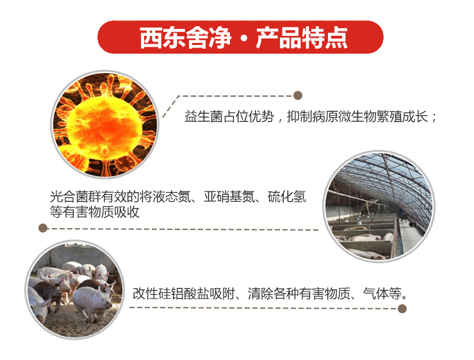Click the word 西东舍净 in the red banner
tap(185, 38)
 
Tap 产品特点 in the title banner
tap(302, 38)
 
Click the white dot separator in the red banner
tap(243, 38)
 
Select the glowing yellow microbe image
tap(104, 124)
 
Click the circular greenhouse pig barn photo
tap(379, 206)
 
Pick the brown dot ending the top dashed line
tap(298, 95)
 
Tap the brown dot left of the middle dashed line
tap(43, 228)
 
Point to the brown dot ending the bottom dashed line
tap(402, 309)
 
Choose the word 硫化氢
tap(287, 197)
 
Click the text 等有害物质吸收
tap(95, 212)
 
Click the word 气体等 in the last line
tap(382, 293)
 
